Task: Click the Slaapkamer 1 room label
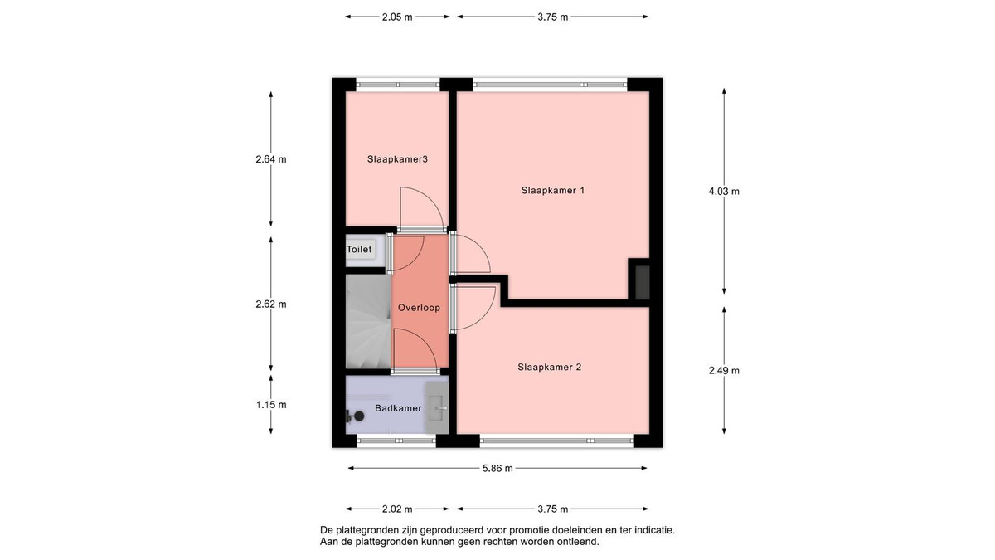(x=552, y=191)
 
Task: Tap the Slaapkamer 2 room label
(x=550, y=367)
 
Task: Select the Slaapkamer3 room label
(x=397, y=159)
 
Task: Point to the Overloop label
(x=419, y=308)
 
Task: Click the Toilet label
(x=359, y=250)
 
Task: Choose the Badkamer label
(x=398, y=408)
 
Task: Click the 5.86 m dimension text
(x=498, y=468)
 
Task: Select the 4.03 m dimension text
(x=724, y=191)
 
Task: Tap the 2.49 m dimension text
(x=724, y=370)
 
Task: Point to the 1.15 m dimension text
(x=271, y=405)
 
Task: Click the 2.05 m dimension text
(x=397, y=17)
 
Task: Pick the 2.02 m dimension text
(x=397, y=509)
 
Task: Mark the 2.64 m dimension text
(x=271, y=158)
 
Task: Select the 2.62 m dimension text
(x=271, y=304)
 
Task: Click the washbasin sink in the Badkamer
(x=437, y=407)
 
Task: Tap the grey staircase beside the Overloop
(x=368, y=321)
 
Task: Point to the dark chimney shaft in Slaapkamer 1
(x=643, y=283)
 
